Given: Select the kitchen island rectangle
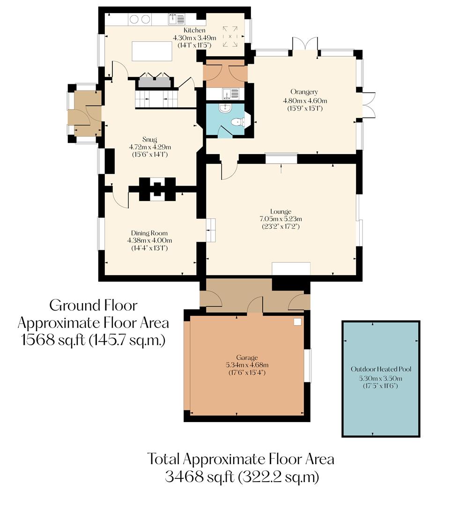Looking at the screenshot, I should (x=152, y=51).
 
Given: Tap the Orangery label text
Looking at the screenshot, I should (x=304, y=92).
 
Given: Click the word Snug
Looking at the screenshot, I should (x=149, y=139).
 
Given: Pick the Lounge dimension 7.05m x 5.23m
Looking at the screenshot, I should (x=281, y=219).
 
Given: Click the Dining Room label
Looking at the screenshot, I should (x=149, y=233).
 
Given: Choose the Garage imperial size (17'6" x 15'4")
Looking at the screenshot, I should (x=247, y=373).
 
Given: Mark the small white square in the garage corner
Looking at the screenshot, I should (x=297, y=322).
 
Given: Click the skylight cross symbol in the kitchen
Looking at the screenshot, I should (x=230, y=36).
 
